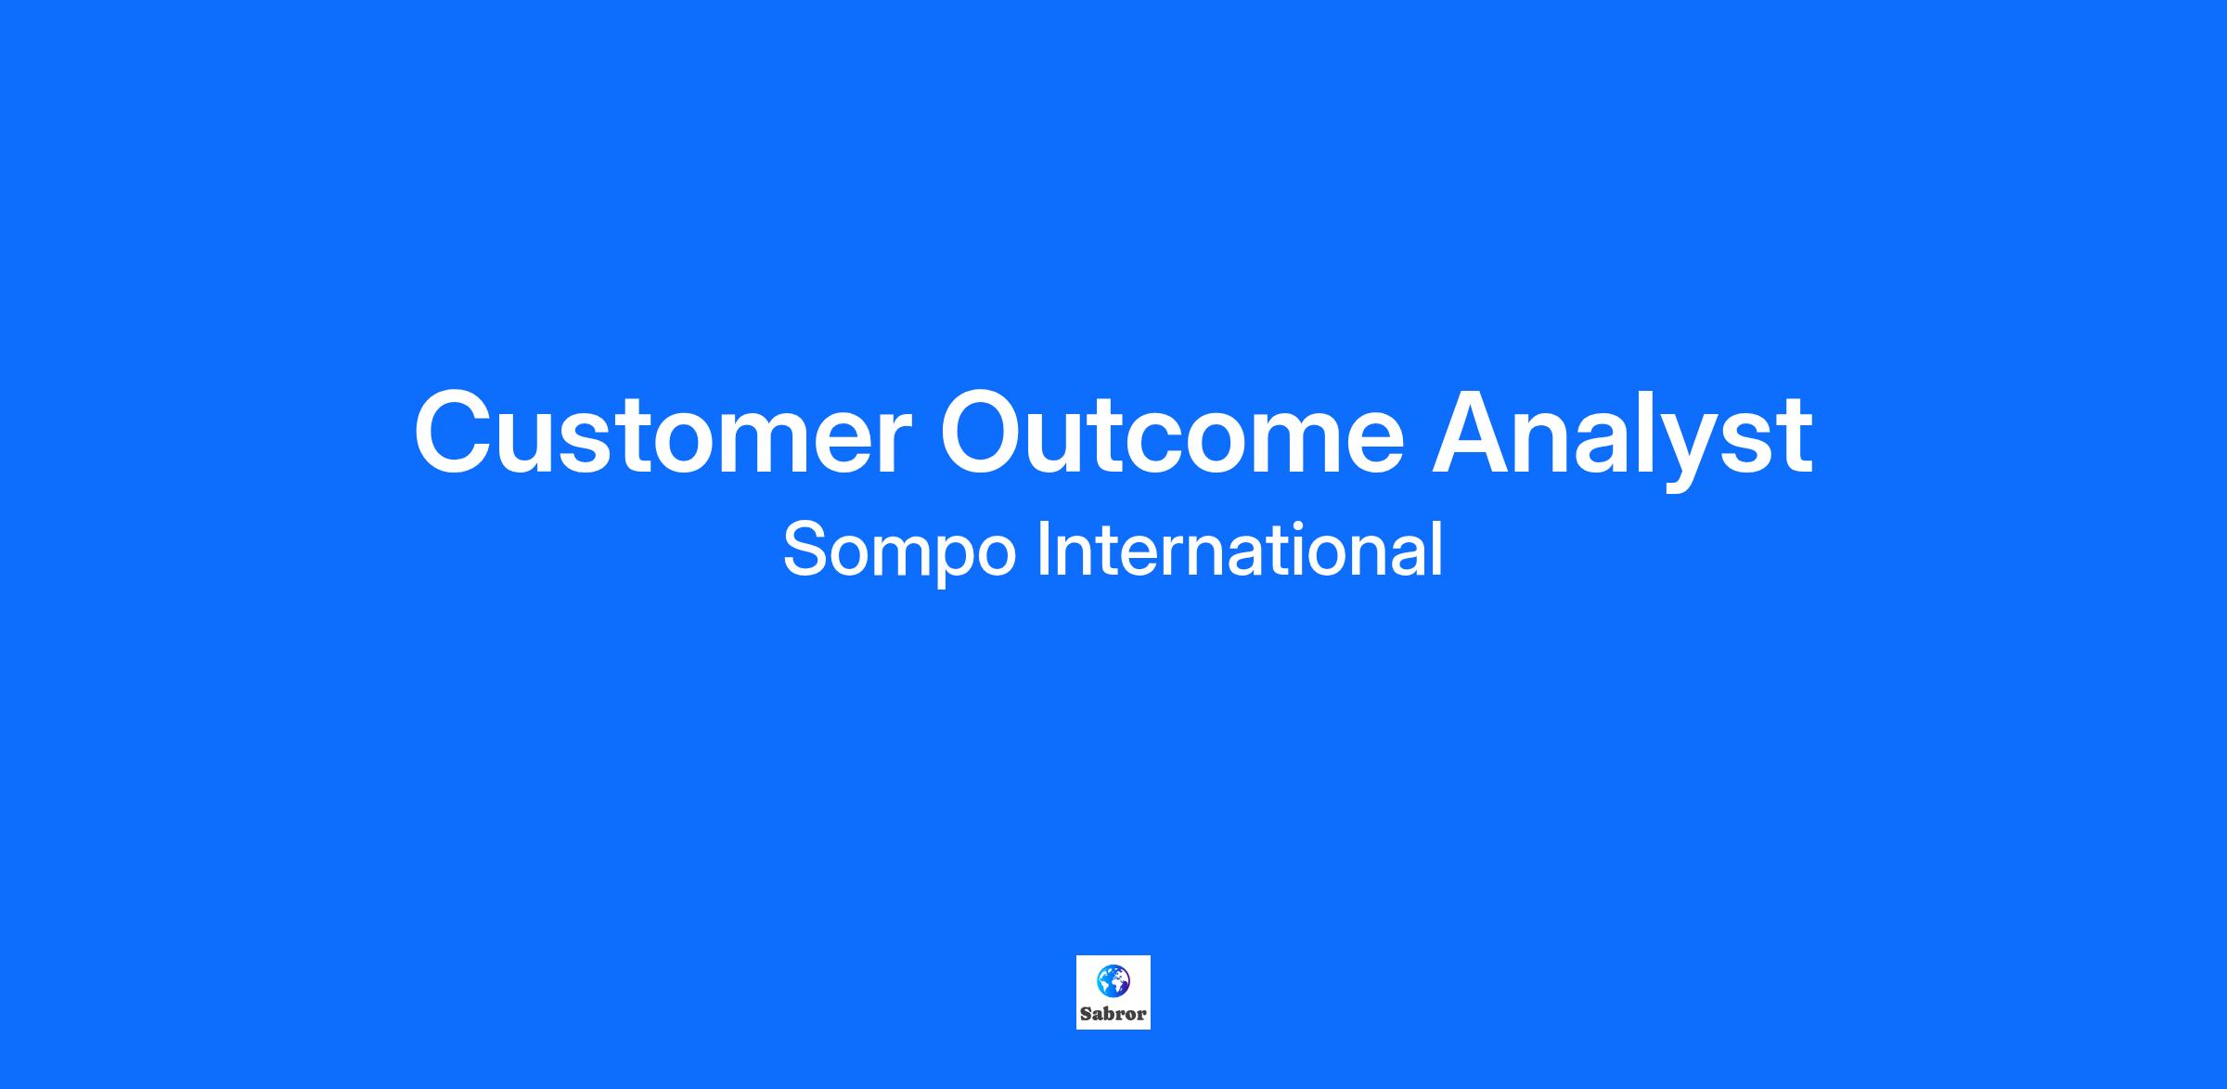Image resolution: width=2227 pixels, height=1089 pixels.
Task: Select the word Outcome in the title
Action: (1173, 434)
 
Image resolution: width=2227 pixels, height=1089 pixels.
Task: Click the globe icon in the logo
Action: (1113, 980)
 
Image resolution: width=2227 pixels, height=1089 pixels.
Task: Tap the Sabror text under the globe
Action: (1113, 1014)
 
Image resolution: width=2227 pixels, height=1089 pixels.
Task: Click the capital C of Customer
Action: (454, 434)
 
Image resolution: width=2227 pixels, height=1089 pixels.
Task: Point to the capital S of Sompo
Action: (807, 549)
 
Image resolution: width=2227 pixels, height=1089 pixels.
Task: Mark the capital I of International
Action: (1042, 549)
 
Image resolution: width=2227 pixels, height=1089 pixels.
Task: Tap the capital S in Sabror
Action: (1086, 1014)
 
